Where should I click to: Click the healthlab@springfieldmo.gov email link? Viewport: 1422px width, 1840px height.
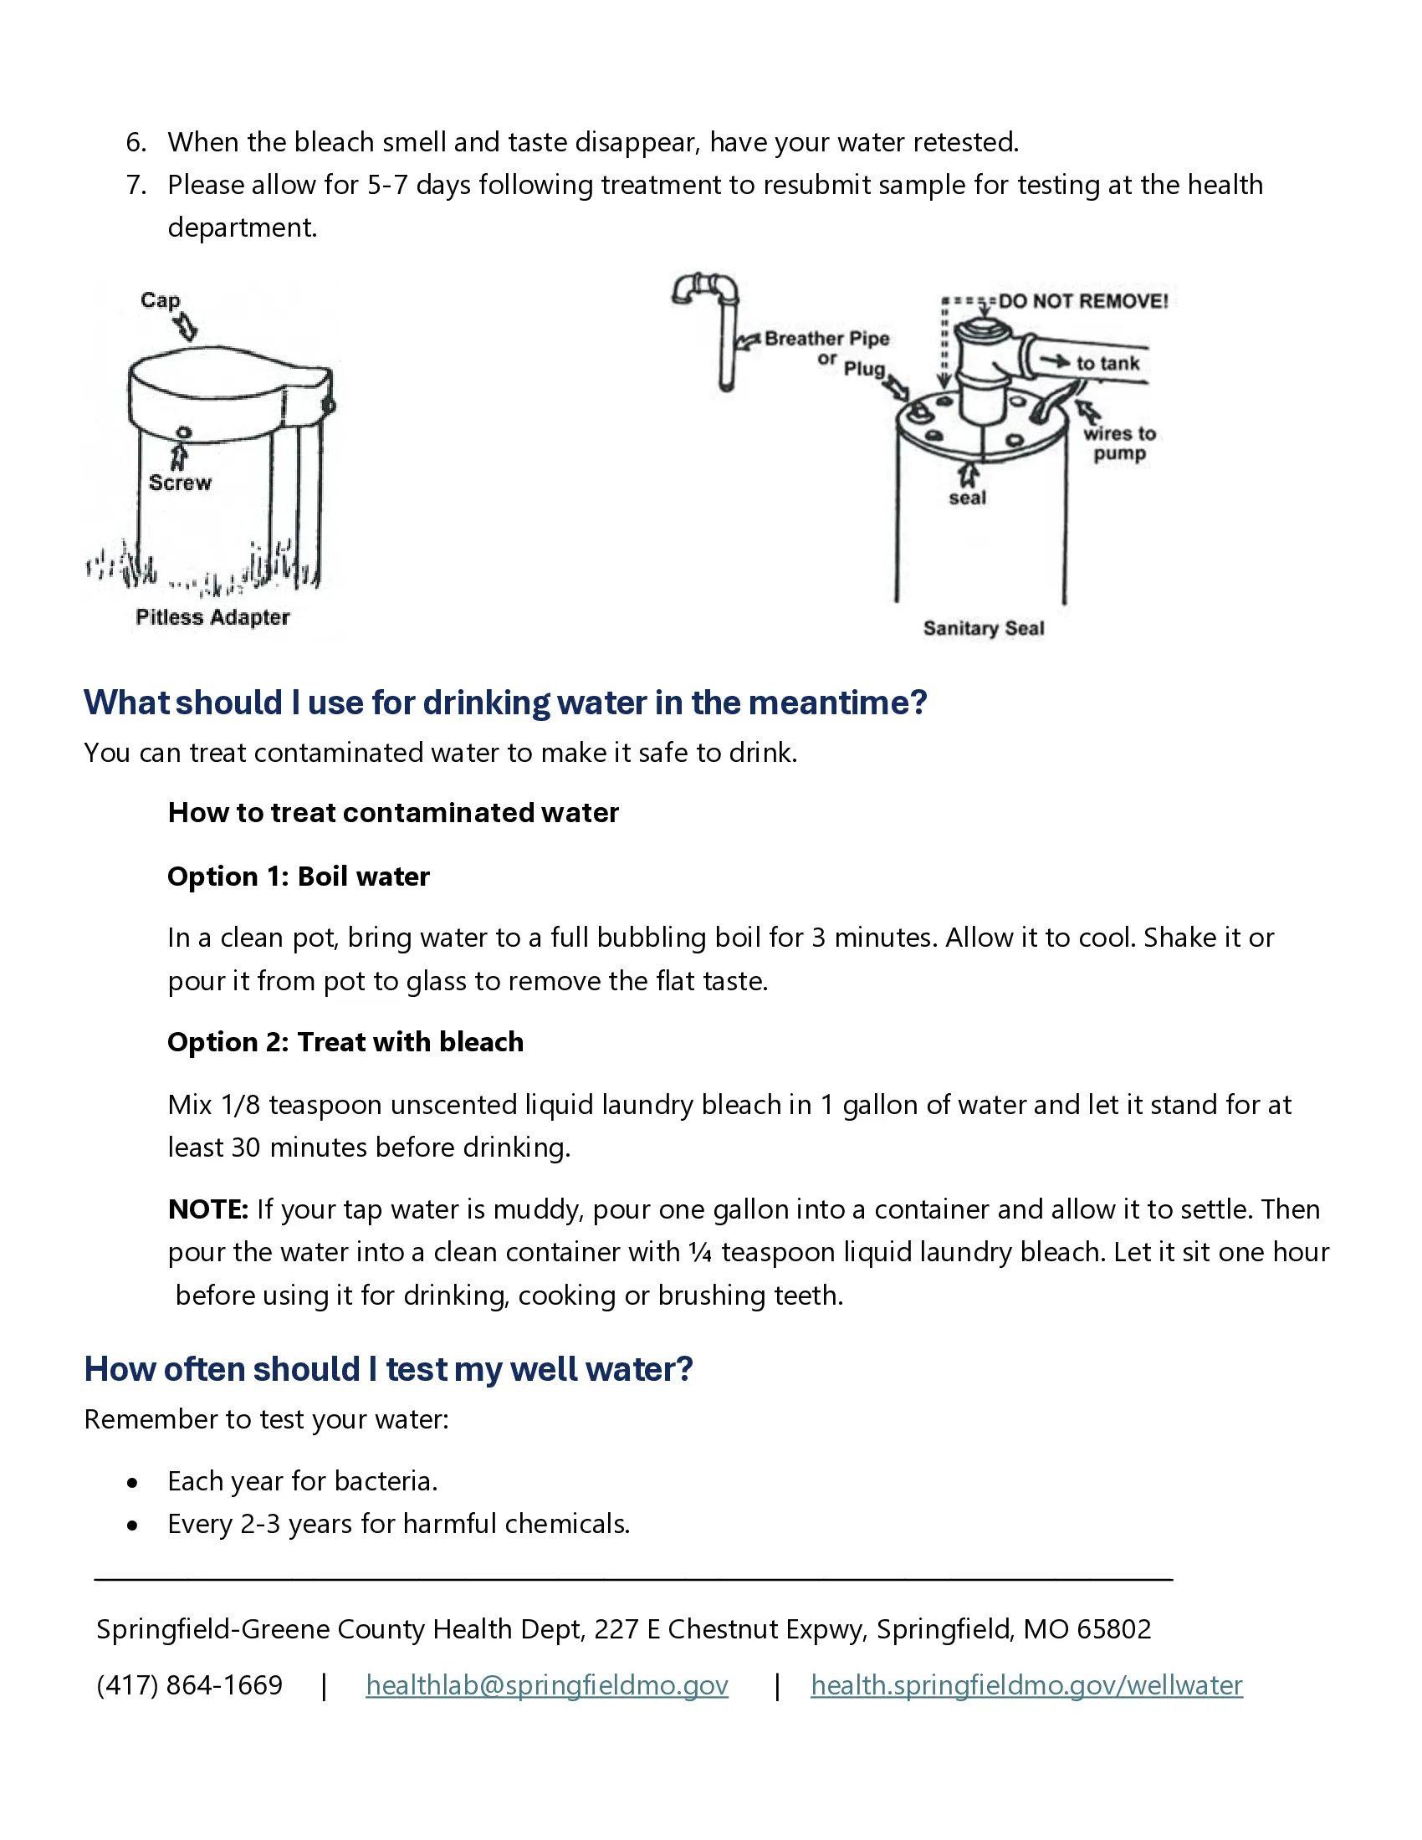(x=547, y=1685)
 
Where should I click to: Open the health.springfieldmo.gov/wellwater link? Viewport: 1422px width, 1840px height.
(x=1027, y=1685)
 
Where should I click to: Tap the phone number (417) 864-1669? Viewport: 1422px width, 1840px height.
(x=190, y=1685)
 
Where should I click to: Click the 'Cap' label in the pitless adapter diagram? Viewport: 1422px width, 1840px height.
(x=160, y=300)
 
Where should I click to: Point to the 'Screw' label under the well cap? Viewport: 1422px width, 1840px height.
(x=181, y=483)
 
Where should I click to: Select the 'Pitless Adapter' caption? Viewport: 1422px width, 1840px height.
(x=212, y=617)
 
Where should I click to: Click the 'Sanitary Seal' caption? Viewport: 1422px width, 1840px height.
(x=984, y=628)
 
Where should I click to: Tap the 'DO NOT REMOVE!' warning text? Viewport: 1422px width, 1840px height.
(x=1083, y=301)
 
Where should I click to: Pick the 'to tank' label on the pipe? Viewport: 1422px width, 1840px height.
(x=1107, y=363)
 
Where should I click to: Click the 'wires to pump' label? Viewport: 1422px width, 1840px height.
(x=1119, y=443)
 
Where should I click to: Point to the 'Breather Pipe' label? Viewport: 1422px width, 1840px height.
(x=827, y=338)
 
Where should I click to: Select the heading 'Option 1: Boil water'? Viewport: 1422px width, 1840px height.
(x=299, y=877)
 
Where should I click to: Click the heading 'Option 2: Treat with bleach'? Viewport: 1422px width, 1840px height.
(x=345, y=1042)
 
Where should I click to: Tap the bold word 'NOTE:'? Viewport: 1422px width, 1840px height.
(x=208, y=1209)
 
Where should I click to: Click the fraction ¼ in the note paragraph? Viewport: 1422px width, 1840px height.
(x=700, y=1252)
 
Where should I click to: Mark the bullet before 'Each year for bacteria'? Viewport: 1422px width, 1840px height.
(x=132, y=1483)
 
